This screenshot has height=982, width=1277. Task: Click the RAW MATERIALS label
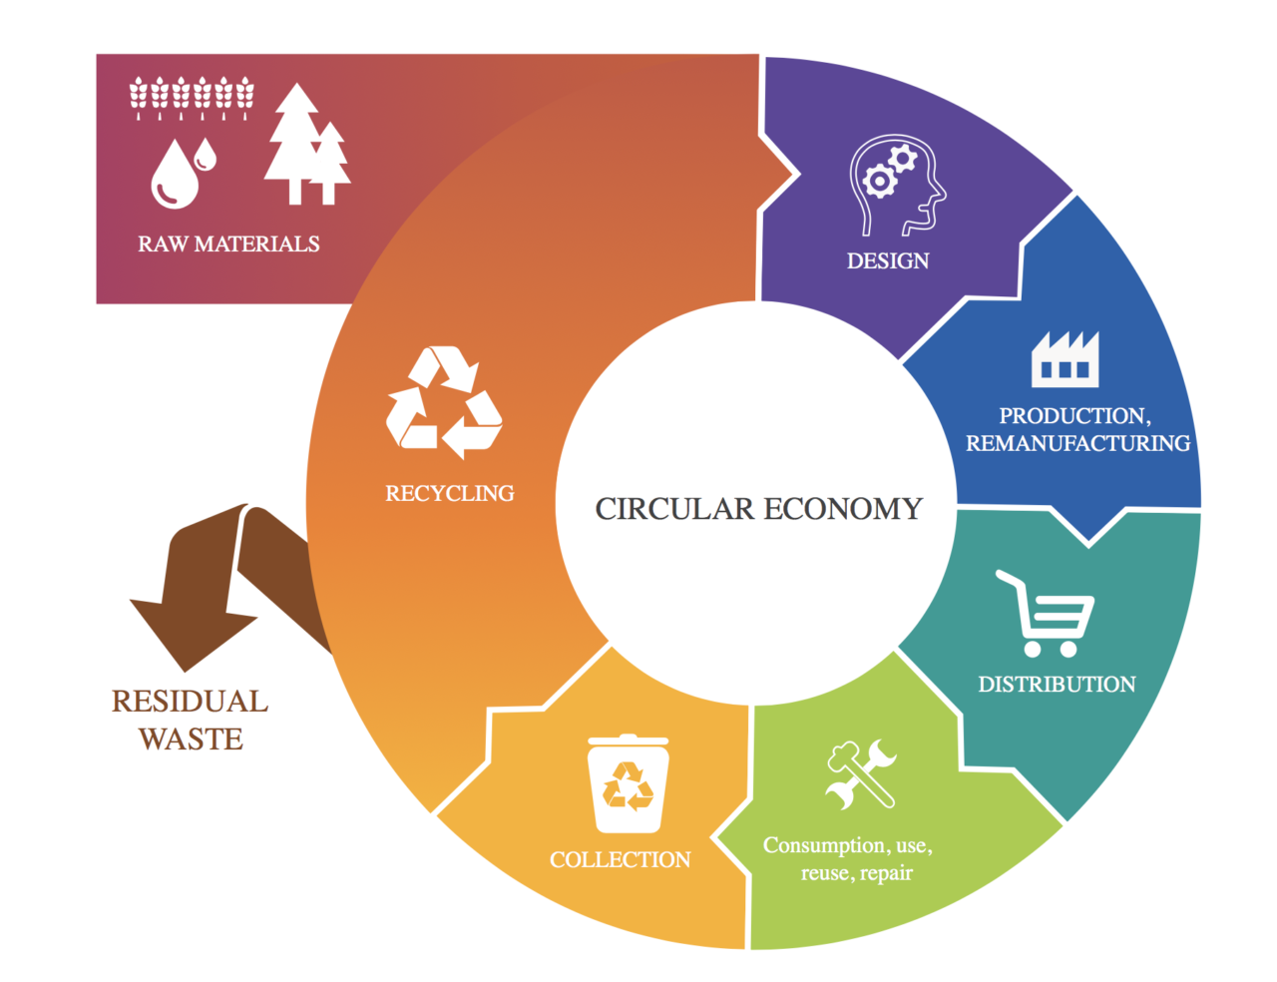pyautogui.click(x=228, y=244)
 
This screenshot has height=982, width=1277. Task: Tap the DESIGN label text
pyautogui.click(x=888, y=260)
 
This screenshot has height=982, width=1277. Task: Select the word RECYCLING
pyautogui.click(x=450, y=493)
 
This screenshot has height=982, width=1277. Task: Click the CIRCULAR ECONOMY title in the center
pyautogui.click(x=758, y=509)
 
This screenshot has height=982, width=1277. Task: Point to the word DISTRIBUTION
pyautogui.click(x=1057, y=684)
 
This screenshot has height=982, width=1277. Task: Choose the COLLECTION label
pyautogui.click(x=620, y=860)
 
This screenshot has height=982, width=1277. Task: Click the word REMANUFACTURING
pyautogui.click(x=1077, y=443)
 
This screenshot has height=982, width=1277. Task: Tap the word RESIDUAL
pyautogui.click(x=190, y=702)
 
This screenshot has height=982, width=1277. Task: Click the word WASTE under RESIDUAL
pyautogui.click(x=191, y=738)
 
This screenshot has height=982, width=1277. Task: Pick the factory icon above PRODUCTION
pyautogui.click(x=1064, y=359)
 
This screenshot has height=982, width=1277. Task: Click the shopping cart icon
pyautogui.click(x=1045, y=614)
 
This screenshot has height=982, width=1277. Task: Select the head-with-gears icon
pyautogui.click(x=897, y=185)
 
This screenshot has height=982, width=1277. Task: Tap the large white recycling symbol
pyautogui.click(x=444, y=402)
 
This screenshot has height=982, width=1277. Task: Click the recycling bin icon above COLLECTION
pyautogui.click(x=628, y=783)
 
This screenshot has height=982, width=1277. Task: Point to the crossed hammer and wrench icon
pyautogui.click(x=861, y=774)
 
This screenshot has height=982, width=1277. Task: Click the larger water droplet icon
pyautogui.click(x=175, y=174)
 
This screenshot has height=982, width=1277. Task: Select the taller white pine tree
pyautogui.click(x=295, y=144)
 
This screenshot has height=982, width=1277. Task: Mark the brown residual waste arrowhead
pyautogui.click(x=193, y=635)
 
